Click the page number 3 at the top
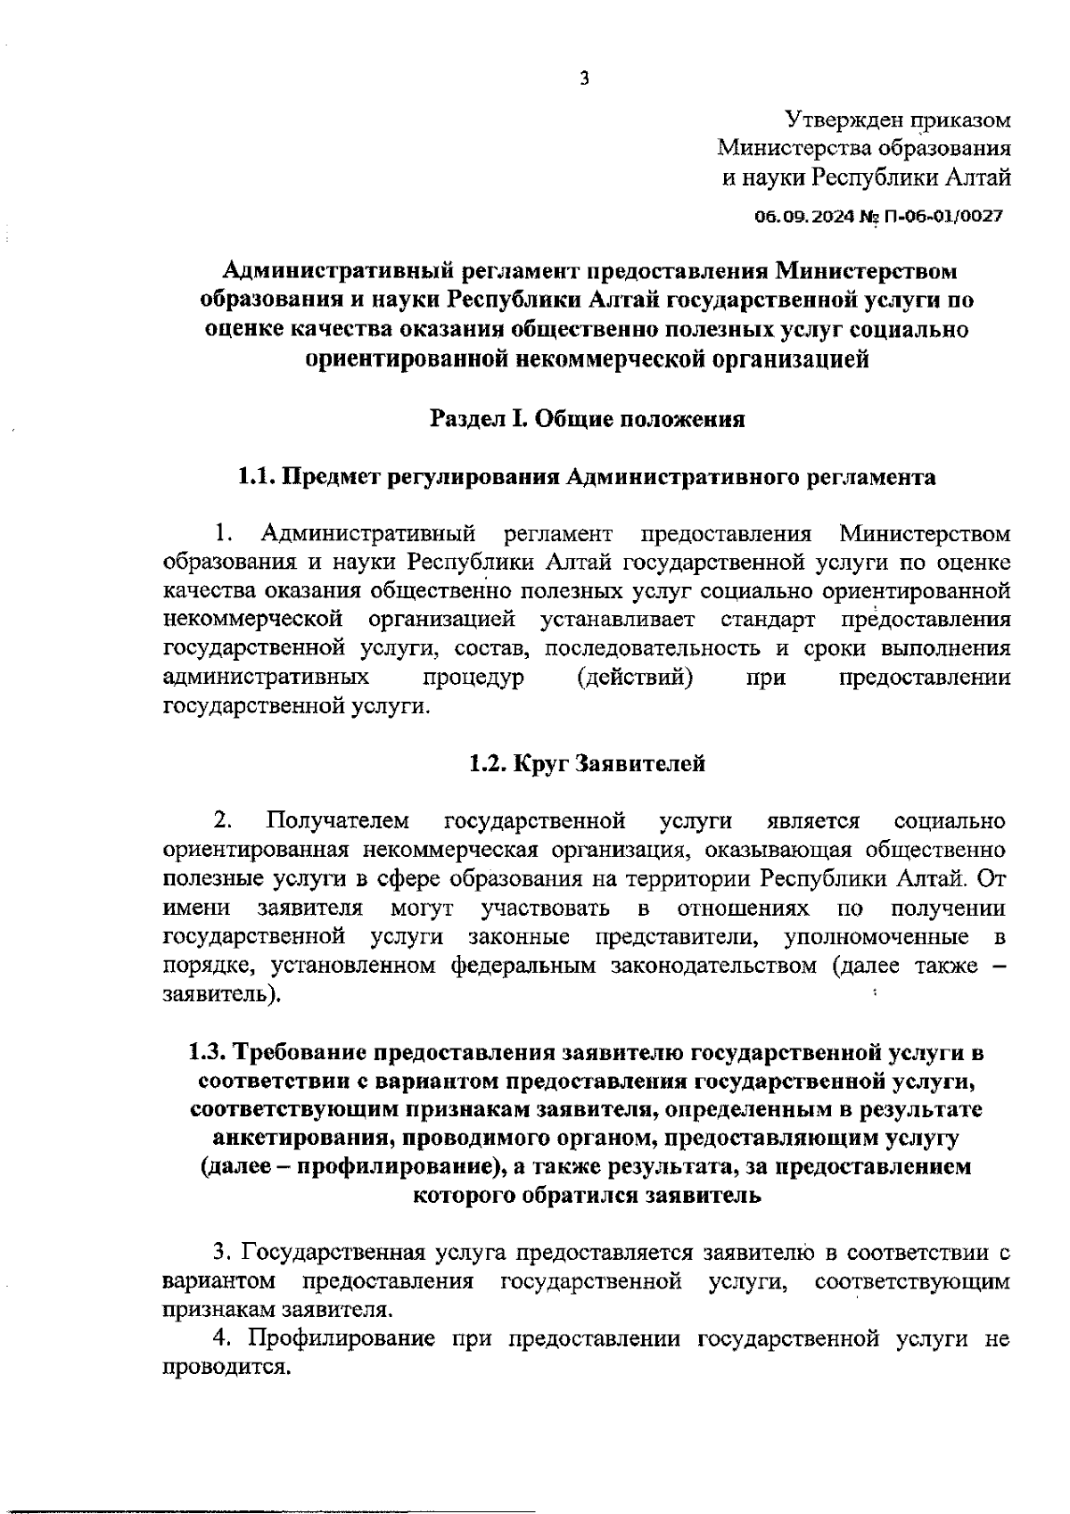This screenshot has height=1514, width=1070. point(584,79)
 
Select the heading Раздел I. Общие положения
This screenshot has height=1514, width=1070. point(587,419)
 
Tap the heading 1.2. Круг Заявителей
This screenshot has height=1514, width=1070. point(587,763)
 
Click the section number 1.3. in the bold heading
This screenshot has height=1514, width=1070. point(210,1052)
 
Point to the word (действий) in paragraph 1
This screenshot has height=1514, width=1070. point(636,678)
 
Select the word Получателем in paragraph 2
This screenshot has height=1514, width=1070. point(338,820)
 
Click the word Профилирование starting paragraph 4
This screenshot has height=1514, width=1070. point(342,1338)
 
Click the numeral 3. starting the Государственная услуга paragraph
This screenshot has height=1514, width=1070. point(223,1253)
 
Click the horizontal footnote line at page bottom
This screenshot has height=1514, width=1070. point(267,1485)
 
